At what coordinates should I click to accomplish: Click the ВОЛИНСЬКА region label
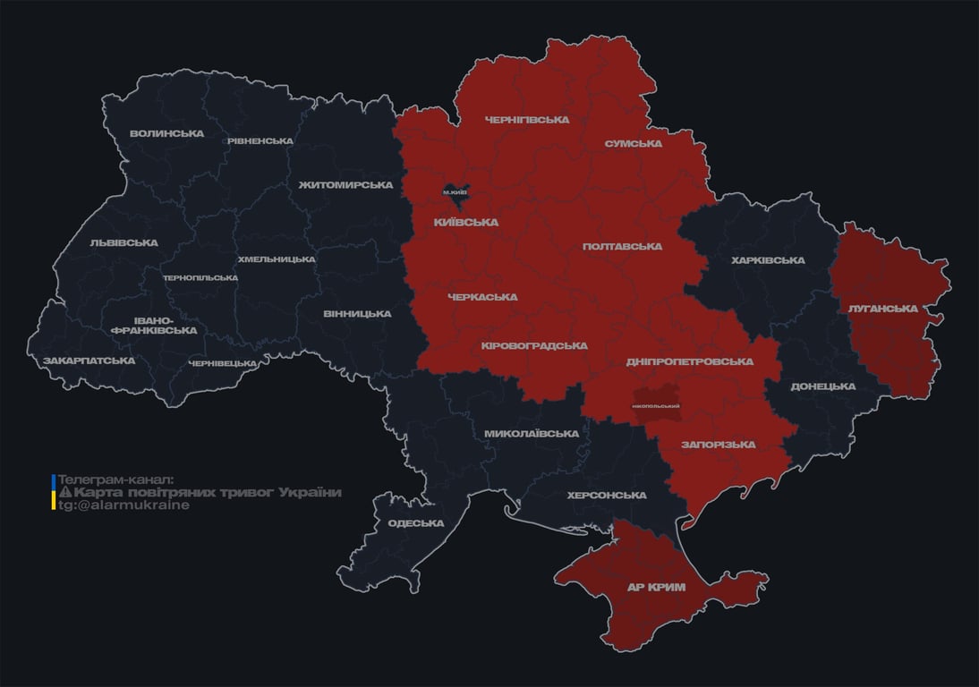coord(166,134)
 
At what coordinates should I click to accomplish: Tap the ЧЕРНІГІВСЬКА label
coord(527,120)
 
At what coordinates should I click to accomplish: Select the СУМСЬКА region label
coord(633,143)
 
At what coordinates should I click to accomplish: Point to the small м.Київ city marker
coord(455,191)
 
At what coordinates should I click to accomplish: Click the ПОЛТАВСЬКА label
coord(622,246)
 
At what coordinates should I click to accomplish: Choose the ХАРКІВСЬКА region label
coord(768,260)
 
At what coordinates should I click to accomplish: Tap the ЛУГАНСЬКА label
coord(883,309)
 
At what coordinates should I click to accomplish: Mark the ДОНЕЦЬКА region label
coord(823,386)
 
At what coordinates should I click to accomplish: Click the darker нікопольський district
coord(656,405)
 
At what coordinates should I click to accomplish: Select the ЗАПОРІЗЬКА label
coord(718,445)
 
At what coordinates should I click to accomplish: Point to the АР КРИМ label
coord(657,588)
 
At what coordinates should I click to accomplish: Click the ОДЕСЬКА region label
coord(416,523)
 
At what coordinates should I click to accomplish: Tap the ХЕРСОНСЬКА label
coord(607,496)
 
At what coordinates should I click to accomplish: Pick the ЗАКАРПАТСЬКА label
coord(89,360)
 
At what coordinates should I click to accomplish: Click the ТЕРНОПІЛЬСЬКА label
coord(200,278)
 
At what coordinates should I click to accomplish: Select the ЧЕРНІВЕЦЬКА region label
coord(223,363)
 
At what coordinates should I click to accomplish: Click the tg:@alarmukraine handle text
coord(123,505)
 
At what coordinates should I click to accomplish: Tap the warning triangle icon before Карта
coord(64,493)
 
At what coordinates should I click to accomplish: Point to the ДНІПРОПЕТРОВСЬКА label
coord(689,361)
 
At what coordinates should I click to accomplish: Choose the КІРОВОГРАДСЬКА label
coord(534,345)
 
